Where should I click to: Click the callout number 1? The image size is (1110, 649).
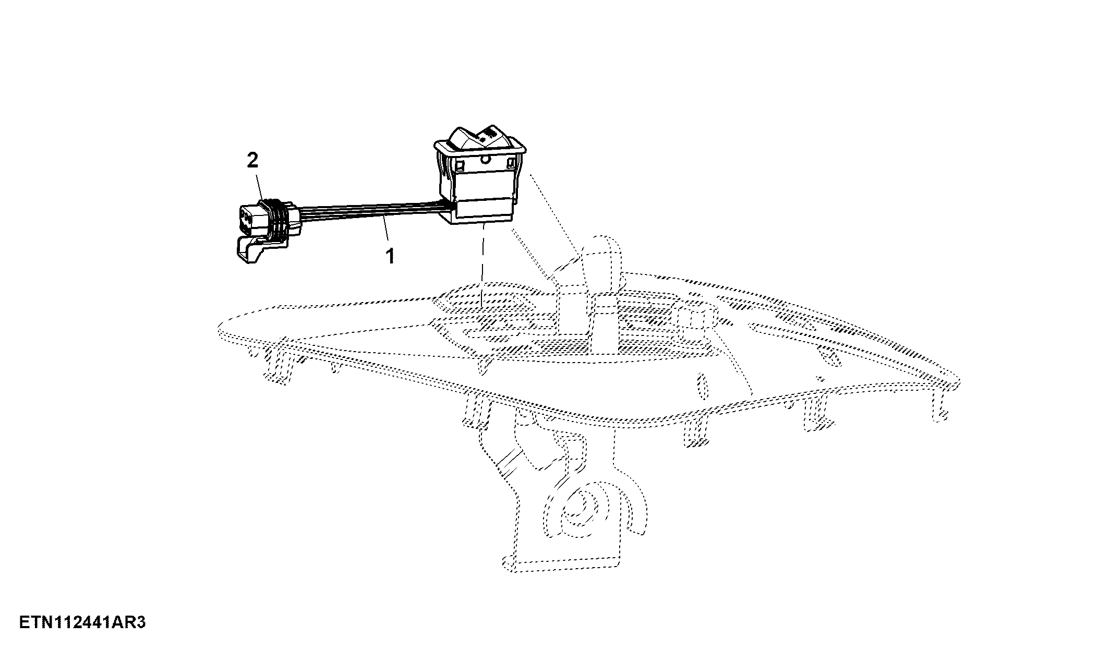[390, 256]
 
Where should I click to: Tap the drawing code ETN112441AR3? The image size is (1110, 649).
[82, 623]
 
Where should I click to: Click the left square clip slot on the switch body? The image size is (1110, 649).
[460, 166]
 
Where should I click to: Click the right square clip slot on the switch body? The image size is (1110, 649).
[511, 164]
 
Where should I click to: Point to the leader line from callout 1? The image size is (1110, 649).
[385, 231]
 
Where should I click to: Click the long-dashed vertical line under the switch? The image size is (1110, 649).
[482, 263]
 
